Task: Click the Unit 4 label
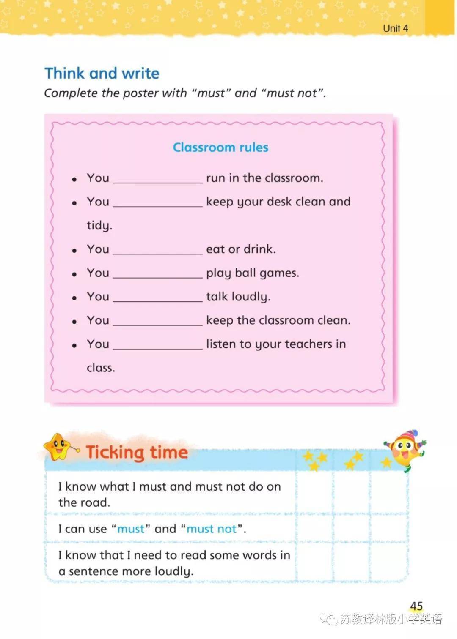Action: (x=395, y=28)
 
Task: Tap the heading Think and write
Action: (x=102, y=73)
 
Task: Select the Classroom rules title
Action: (x=220, y=147)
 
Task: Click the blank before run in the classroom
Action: (x=158, y=178)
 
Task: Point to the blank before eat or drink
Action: (x=158, y=249)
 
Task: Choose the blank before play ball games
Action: (x=158, y=273)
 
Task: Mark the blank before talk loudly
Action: (x=158, y=297)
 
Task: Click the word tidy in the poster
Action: (x=99, y=226)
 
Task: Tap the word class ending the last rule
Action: (x=100, y=368)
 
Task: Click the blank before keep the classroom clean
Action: (x=158, y=320)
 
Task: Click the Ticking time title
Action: (x=137, y=452)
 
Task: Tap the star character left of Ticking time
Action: (x=58, y=447)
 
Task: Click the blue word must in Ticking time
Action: (x=131, y=529)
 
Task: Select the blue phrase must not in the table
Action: (x=212, y=529)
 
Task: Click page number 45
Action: (x=416, y=606)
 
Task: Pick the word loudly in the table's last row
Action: (x=173, y=572)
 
